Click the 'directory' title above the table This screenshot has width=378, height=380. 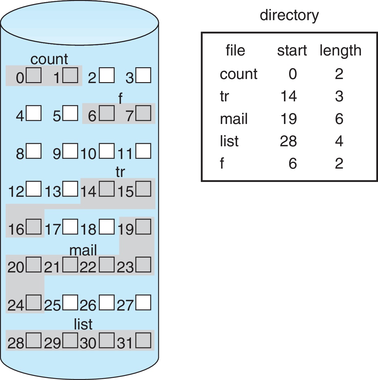tap(289, 15)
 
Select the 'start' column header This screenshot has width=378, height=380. tap(292, 51)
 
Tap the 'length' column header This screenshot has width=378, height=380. tap(340, 51)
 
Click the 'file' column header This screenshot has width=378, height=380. tap(235, 51)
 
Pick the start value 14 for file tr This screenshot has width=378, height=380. tap(289, 96)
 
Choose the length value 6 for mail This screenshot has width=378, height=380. tap(339, 119)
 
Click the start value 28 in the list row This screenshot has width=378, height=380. tap(288, 141)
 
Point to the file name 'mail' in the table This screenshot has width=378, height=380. tap(234, 119)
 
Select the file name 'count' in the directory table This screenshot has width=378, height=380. tap(238, 74)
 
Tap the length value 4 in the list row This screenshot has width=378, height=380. tap(339, 141)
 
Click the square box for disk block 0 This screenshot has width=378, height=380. tap(34, 75)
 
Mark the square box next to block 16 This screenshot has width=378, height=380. tap(34, 227)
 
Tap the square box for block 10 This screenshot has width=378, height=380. tap(107, 151)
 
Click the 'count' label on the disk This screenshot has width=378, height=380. tap(49, 59)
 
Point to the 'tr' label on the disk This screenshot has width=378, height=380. tap(120, 172)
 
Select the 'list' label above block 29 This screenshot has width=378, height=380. tap(83, 324)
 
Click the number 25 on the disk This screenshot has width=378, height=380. tap(52, 306)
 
